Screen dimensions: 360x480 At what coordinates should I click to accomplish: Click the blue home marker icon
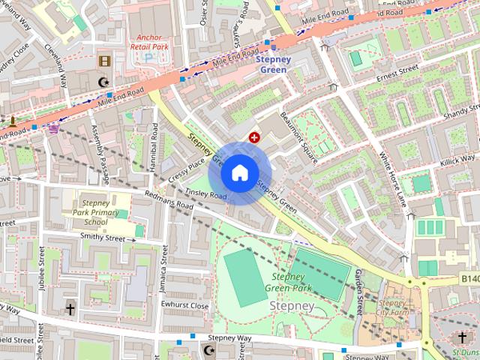coord(239,172)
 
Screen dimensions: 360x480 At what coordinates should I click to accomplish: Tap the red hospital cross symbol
coord(254,137)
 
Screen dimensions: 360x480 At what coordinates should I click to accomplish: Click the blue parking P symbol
coord(148,57)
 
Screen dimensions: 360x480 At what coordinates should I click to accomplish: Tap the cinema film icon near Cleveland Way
coord(103,61)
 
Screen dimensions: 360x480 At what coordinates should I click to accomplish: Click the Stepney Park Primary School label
coord(96,211)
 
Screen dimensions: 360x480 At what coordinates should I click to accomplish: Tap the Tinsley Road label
coord(206,193)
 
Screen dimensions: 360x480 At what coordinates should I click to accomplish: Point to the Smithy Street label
coord(102,238)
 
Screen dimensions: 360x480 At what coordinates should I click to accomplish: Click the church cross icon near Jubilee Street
coord(70,309)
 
